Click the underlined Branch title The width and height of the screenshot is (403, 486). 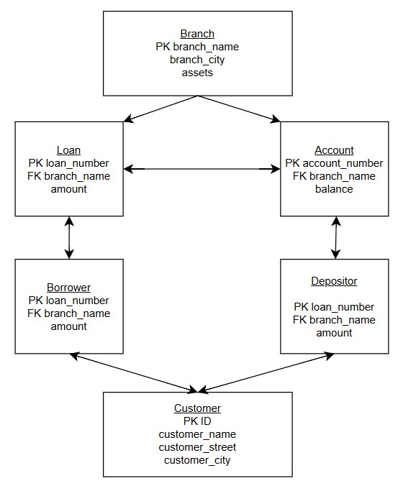coord(197,34)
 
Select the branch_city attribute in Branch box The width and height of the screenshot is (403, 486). coord(197,60)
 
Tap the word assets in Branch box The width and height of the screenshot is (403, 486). coord(197,73)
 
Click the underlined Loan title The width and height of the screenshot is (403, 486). coord(68,150)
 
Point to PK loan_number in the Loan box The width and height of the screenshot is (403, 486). coord(68,163)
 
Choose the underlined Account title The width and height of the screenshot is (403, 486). coord(334,150)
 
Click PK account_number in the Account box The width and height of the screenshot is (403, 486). coord(334,163)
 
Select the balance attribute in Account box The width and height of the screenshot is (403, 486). coord(334,189)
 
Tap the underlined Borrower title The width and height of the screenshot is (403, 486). coord(68,288)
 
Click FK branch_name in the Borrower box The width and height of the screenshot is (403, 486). coord(68,313)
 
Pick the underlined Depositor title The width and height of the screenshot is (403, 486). coord(334,281)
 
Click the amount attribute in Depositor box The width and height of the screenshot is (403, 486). coord(334,333)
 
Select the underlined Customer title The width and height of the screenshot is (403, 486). coord(197,408)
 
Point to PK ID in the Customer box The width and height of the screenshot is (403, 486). coord(197,421)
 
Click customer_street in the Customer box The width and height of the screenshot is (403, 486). coord(197,447)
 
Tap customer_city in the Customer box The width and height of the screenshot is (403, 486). coord(197,460)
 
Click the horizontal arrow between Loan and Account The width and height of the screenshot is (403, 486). coord(201,169)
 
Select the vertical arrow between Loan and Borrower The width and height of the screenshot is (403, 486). coord(69,237)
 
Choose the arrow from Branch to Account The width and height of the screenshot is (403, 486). coord(239,109)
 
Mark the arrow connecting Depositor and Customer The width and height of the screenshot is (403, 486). coord(266,372)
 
